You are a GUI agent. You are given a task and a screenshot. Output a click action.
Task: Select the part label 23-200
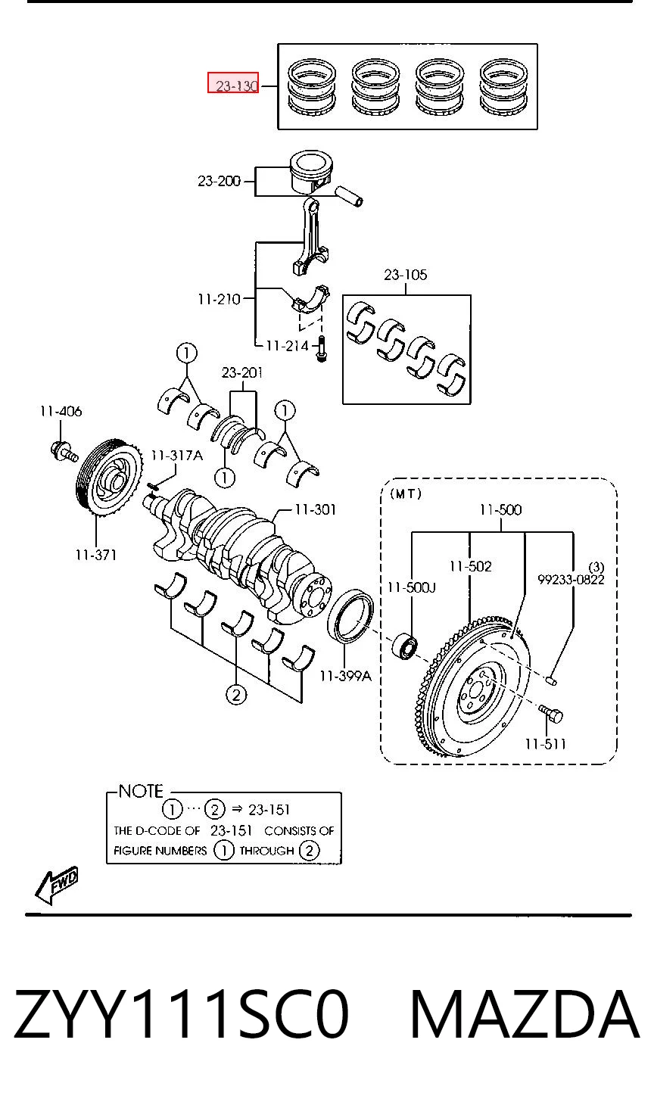(x=219, y=181)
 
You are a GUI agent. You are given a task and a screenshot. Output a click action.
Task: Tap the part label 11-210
(x=219, y=299)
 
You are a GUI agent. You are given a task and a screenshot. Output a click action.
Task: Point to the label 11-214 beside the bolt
(x=288, y=346)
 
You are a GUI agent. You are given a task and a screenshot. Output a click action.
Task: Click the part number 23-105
(x=406, y=275)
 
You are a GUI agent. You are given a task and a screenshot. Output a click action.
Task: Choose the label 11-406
(x=61, y=411)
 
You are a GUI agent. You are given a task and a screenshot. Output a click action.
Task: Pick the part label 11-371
(x=96, y=555)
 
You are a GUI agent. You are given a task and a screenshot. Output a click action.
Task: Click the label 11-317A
(x=176, y=456)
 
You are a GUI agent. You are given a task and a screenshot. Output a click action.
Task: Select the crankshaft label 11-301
(x=316, y=509)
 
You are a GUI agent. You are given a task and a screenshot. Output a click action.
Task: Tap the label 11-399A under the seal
(x=345, y=676)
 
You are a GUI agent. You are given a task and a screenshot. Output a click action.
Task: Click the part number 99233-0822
(x=571, y=580)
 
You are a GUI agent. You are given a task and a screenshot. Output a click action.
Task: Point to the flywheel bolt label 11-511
(x=545, y=744)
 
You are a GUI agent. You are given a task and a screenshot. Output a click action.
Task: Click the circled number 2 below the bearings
(x=236, y=695)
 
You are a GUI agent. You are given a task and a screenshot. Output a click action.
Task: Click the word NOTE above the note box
(x=141, y=791)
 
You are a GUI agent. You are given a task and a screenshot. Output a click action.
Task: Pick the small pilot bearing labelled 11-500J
(x=405, y=646)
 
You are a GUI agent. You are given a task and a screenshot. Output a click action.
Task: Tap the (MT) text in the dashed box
(x=406, y=493)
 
